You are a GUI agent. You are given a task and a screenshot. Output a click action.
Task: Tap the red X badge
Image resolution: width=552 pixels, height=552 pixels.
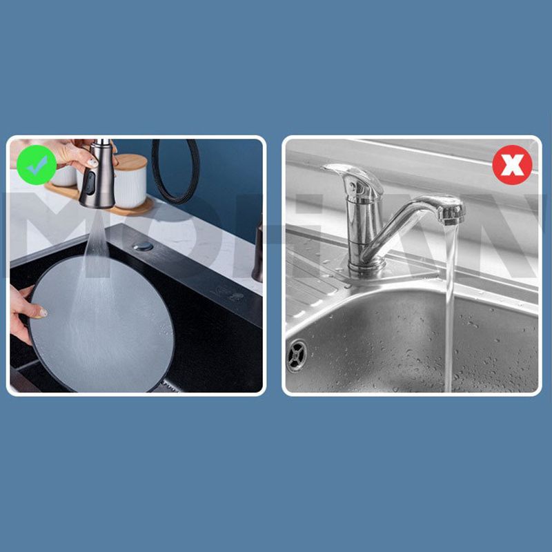[x=512, y=165]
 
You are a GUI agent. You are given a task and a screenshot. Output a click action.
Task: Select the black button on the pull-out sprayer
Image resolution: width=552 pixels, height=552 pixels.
[x=89, y=183]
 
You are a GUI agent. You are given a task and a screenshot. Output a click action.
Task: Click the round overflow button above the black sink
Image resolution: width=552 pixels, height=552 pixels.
[x=144, y=246]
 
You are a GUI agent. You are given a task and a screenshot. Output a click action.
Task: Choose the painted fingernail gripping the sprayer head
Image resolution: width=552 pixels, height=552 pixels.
[x=92, y=163]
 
